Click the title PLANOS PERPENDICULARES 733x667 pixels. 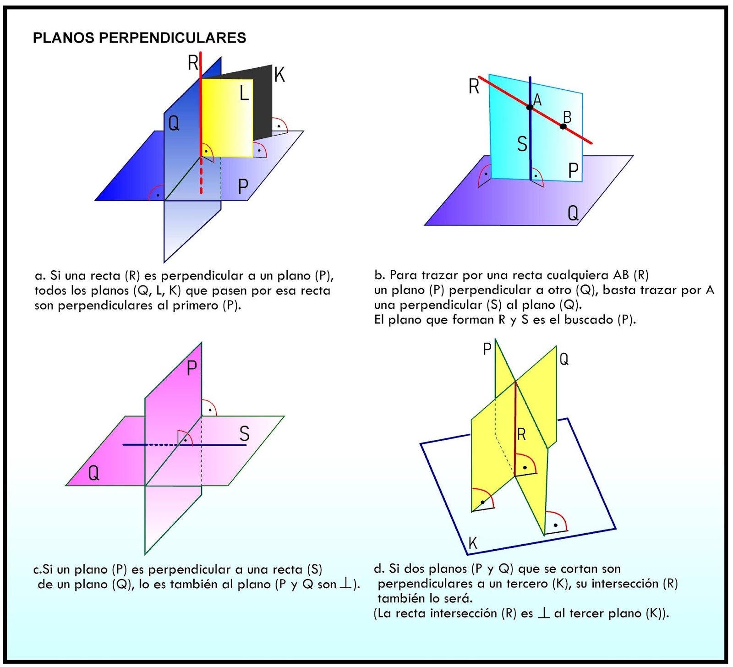(139, 38)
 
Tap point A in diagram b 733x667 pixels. (530, 107)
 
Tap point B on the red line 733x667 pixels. (563, 126)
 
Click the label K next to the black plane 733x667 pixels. (279, 75)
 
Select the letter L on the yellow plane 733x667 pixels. (244, 93)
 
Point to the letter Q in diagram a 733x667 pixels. (174, 123)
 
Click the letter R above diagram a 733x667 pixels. (193, 62)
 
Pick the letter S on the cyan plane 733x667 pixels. (522, 144)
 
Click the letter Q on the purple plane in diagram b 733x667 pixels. (573, 213)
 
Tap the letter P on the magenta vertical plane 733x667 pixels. (192, 368)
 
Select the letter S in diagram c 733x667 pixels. (244, 433)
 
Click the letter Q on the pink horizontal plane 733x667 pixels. (93, 472)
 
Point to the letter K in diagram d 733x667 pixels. (473, 543)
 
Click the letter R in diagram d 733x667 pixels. (521, 434)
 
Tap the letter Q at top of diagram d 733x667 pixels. (564, 359)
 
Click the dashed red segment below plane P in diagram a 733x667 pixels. (201, 176)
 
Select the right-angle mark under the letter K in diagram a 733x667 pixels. (279, 126)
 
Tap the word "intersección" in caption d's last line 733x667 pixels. (463, 613)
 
